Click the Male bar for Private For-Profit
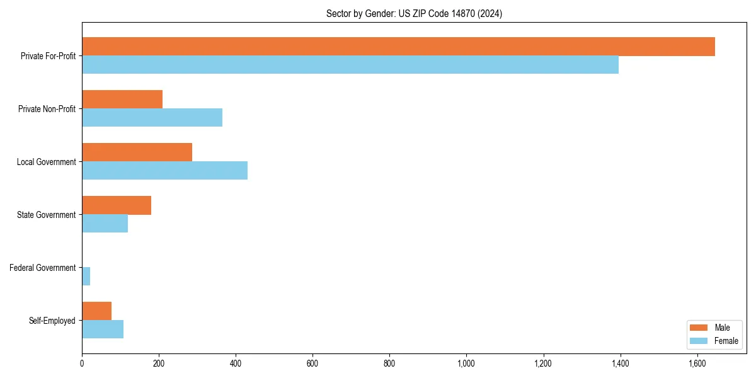coord(398,47)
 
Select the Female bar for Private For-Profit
coord(350,65)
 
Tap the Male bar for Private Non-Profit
coord(122,100)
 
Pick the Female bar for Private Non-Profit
coord(152,118)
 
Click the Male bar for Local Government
coord(137,152)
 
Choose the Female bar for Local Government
coord(164,171)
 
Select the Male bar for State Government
coord(117,205)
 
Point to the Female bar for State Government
coord(105,224)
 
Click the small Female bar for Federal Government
coord(86,277)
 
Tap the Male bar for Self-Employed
coord(96,311)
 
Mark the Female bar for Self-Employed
coord(103,329)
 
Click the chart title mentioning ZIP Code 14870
coord(414,13)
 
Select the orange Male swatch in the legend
coord(699,328)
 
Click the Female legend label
coord(726,341)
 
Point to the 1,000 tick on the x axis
coord(466,364)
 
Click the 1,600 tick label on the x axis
coord(697,364)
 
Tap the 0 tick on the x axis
coord(82,364)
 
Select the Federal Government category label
coord(43,268)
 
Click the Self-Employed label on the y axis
coord(52,321)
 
